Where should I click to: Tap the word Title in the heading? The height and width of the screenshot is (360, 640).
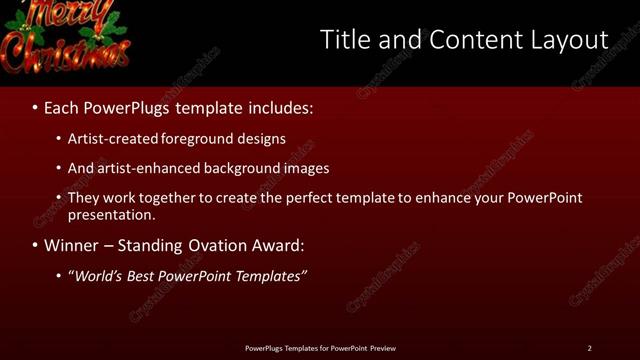click(344, 40)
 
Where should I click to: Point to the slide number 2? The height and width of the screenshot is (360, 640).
click(589, 348)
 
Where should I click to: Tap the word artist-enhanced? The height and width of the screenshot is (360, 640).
click(147, 168)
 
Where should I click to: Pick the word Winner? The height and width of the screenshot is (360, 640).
click(72, 245)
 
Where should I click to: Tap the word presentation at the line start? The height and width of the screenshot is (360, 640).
click(111, 214)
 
